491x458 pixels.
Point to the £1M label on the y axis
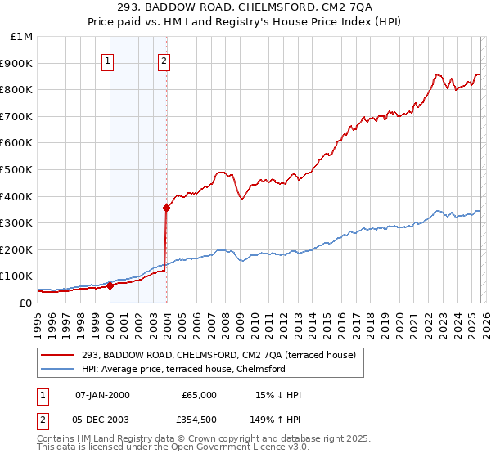22,36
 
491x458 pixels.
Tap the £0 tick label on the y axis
26,303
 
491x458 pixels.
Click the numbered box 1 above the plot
109,59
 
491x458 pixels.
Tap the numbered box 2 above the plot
164,59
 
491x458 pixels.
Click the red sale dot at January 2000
110,285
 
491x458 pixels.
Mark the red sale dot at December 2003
166,208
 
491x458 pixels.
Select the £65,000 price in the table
199,395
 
